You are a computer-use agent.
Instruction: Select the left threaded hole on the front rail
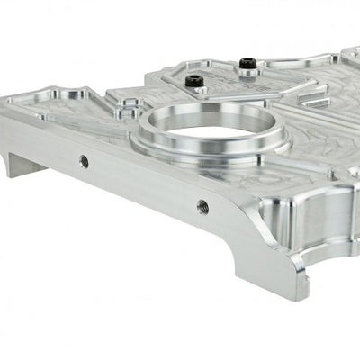[84, 162]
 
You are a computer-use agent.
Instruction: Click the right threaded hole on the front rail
[202, 206]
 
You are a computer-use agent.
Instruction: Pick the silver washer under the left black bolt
[191, 87]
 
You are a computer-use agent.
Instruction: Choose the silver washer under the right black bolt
[246, 69]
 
